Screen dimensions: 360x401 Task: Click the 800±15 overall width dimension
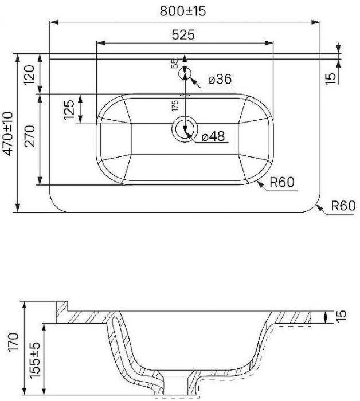coord(183,11)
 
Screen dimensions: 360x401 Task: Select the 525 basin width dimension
coord(183,34)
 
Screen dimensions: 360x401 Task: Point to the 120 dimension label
coord(29,75)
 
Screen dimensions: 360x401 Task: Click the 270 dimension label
coord(29,136)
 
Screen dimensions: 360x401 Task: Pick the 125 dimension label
coord(69,110)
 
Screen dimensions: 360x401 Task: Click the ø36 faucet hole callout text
coord(220,79)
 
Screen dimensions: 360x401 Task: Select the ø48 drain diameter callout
coord(213,136)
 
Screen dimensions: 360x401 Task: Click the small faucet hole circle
coord(185,74)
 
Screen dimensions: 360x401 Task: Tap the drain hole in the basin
coord(185,129)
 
